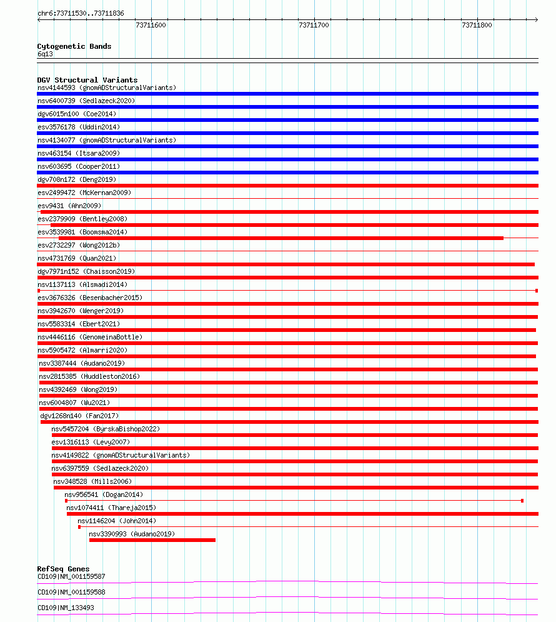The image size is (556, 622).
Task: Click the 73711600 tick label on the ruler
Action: [x=151, y=25]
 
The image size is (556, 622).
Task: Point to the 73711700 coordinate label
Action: [x=314, y=25]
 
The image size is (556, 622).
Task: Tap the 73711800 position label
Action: [x=477, y=25]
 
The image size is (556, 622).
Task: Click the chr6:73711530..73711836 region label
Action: [x=81, y=13]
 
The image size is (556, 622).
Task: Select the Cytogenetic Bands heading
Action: [x=74, y=46]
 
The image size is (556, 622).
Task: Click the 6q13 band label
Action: [x=45, y=54]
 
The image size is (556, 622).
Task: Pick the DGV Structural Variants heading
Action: [x=87, y=80]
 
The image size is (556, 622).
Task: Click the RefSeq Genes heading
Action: [x=63, y=569]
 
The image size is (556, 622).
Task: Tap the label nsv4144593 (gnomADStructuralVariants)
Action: [x=107, y=88]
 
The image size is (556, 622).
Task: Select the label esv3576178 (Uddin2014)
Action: [x=78, y=127]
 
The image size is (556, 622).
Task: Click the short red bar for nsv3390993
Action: [x=152, y=540]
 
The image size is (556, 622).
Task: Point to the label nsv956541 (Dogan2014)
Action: [x=104, y=494]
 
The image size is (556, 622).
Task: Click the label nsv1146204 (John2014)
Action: [x=117, y=521]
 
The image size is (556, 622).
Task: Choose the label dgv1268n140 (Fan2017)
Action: [x=79, y=416]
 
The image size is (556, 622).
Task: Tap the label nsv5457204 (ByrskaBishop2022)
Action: [x=106, y=429]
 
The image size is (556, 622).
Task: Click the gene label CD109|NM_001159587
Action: [x=71, y=576]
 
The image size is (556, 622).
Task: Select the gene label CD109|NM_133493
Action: [x=67, y=608]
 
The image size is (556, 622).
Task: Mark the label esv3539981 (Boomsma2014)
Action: [x=82, y=232]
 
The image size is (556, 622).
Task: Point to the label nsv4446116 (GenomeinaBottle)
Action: [x=90, y=337]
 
